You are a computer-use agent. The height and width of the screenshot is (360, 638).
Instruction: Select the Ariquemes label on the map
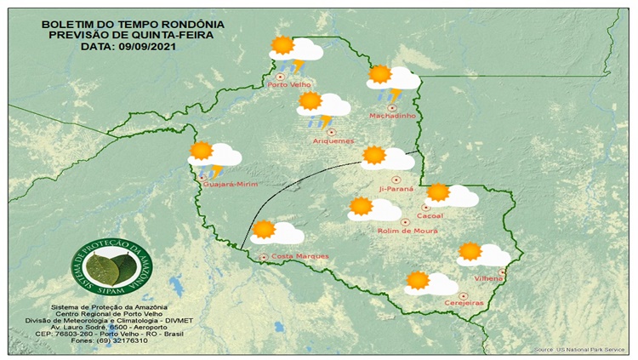[333, 140]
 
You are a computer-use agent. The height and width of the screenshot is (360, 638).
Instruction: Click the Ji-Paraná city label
[396, 189]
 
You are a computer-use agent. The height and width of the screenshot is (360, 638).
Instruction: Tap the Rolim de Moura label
[407, 231]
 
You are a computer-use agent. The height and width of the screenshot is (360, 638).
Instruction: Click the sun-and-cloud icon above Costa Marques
[277, 231]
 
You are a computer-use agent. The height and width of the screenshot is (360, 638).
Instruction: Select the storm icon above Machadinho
[392, 81]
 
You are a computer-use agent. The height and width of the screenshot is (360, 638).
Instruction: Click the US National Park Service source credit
[579, 350]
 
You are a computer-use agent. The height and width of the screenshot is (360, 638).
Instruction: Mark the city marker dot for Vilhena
[502, 272]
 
